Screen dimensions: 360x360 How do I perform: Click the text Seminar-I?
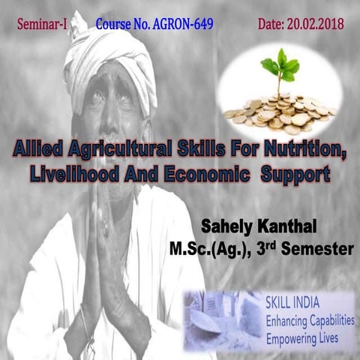[42, 24]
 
